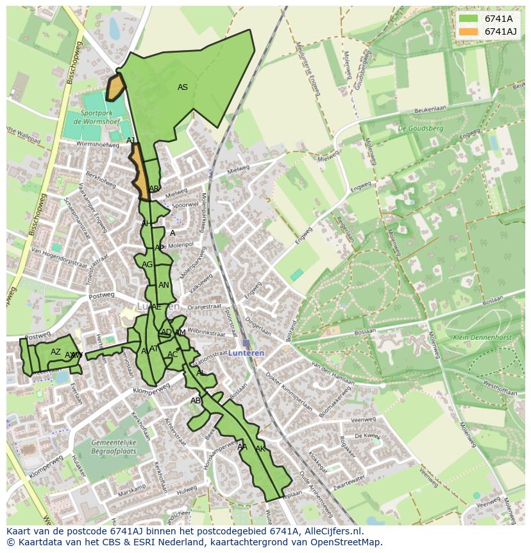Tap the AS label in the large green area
183,87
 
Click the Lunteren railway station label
246,353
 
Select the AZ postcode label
56,352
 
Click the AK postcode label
260,449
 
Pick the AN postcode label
164,285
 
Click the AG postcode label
147,265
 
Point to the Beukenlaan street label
430,110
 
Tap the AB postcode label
196,401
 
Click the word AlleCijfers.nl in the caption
333,532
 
